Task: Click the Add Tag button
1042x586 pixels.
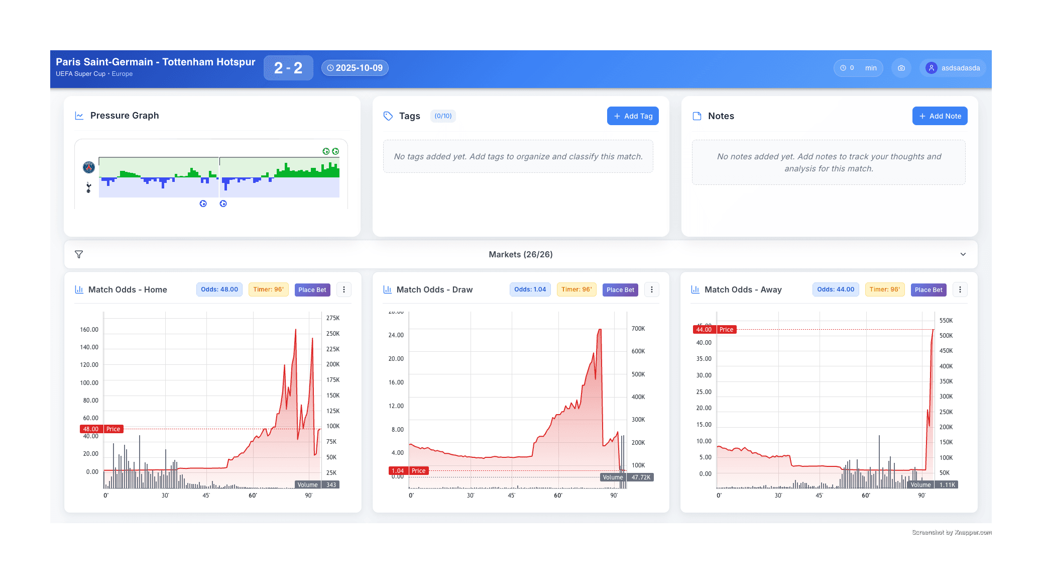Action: [633, 116]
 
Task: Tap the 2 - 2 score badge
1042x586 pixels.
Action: [288, 68]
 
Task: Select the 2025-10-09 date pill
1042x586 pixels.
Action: [355, 68]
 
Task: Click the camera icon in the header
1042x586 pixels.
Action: [901, 68]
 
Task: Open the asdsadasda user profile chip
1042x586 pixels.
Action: [953, 68]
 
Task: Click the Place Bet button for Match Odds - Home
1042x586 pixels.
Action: [312, 289]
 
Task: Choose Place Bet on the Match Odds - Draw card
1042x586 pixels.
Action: [620, 289]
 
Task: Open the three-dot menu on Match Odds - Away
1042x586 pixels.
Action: [960, 289]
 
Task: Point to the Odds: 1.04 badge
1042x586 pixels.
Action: [530, 289]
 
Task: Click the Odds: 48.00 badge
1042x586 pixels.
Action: [219, 289]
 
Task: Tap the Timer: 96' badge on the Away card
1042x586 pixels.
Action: [885, 289]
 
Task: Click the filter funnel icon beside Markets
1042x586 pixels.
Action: [79, 254]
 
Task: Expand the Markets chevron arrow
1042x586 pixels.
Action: [963, 254]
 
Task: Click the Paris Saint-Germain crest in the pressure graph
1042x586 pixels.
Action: [89, 167]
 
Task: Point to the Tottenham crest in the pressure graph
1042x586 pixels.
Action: [89, 188]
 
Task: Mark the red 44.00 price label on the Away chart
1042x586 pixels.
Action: [704, 330]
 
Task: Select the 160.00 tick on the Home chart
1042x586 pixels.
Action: [89, 330]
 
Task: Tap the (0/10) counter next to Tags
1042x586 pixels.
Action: [443, 116]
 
